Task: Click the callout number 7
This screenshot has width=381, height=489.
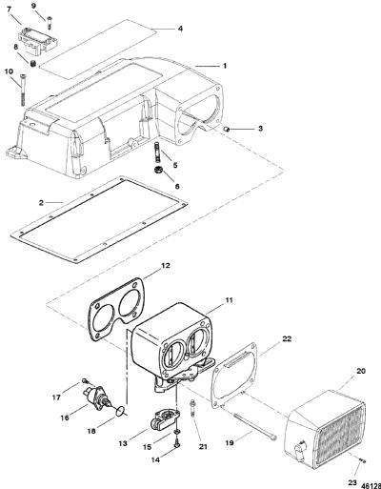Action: (9, 10)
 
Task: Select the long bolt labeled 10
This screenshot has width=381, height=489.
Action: (23, 90)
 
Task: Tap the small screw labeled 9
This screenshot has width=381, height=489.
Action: (50, 23)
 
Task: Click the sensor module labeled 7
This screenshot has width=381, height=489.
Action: (38, 41)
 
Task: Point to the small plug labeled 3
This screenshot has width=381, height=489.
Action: (228, 129)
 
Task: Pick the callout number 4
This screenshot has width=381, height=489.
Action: (180, 29)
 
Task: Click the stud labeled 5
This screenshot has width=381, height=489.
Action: (158, 152)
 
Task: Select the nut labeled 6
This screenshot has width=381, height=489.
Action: (157, 170)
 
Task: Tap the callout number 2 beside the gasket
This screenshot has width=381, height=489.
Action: (41, 202)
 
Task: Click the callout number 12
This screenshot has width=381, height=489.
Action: (166, 266)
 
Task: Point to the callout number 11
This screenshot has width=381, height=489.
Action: (229, 300)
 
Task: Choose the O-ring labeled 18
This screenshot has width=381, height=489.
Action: (120, 411)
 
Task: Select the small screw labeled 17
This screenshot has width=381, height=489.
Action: (84, 380)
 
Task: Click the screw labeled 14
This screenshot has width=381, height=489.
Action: (177, 442)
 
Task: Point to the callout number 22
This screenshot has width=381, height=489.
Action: (287, 339)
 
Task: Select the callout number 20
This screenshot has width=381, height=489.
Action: (361, 371)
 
